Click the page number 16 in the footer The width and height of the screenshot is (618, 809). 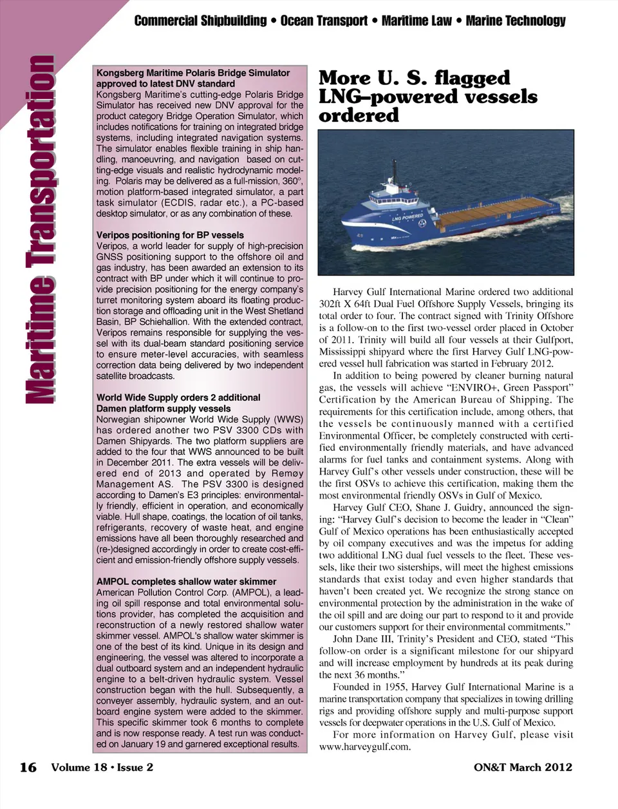(28, 767)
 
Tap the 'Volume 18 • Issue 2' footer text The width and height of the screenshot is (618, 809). (102, 767)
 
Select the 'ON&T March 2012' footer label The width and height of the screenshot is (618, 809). (523, 767)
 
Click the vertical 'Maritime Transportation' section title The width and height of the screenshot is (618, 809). (39, 229)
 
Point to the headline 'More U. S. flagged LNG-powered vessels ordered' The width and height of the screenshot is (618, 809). (427, 97)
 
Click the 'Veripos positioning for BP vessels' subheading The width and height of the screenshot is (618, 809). (170, 235)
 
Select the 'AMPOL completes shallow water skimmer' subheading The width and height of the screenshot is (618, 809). (186, 582)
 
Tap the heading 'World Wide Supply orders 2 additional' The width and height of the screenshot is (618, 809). (178, 397)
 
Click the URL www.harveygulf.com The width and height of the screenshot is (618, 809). (364, 747)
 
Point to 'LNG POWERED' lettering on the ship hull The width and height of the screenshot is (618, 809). (407, 217)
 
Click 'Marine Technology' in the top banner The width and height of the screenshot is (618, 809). (515, 21)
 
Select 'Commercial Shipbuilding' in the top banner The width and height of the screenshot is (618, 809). (200, 21)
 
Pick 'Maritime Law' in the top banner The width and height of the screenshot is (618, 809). (417, 21)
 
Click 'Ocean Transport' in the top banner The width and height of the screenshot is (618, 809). (324, 21)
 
